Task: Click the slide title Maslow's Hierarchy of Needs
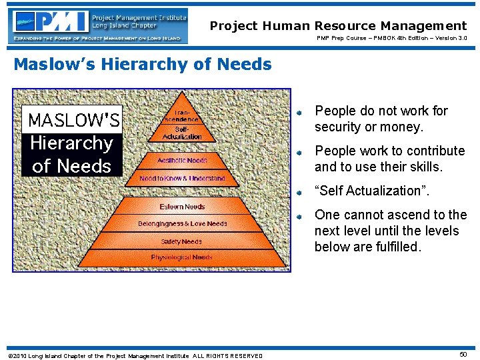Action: point(143,65)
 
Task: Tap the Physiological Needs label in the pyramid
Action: point(181,257)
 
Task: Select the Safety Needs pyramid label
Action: point(181,241)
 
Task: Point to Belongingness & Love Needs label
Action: point(182,224)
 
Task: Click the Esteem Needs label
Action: point(182,207)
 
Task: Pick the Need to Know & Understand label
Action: point(182,179)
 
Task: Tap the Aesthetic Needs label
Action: point(182,161)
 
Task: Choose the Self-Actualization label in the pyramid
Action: point(182,133)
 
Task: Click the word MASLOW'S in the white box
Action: point(73,120)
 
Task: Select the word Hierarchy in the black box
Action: point(72,143)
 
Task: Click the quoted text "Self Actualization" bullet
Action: point(373,191)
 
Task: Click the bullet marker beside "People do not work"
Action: point(301,112)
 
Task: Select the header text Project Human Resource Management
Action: point(338,26)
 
